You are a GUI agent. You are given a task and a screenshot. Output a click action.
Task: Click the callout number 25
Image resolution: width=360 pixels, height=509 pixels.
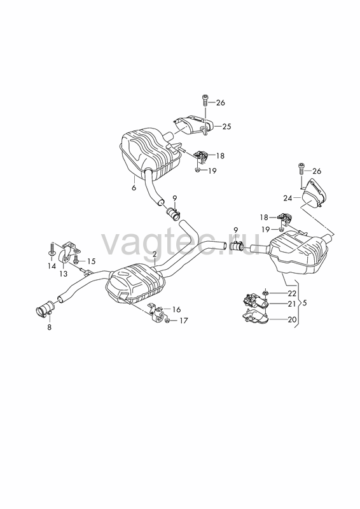(x=227, y=126)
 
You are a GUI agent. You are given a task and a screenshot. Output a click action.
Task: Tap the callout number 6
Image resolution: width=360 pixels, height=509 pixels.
(x=134, y=188)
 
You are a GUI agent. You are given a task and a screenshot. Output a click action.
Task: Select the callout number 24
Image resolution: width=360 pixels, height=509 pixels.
(x=287, y=198)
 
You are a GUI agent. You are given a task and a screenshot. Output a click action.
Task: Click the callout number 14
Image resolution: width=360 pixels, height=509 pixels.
(x=52, y=266)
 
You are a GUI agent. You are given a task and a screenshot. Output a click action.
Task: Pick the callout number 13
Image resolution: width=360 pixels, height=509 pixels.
(x=64, y=274)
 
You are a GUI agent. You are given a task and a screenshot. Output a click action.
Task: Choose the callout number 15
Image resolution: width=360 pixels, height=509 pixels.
(x=92, y=261)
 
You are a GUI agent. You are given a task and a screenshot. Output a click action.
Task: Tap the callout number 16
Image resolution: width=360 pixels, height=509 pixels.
(x=177, y=310)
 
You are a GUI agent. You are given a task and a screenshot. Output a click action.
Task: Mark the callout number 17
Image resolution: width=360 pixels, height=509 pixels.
(x=184, y=321)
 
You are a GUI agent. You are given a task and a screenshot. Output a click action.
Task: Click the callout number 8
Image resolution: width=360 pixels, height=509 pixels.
(x=50, y=327)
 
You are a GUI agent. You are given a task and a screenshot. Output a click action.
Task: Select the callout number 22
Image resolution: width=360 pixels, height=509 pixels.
(x=292, y=293)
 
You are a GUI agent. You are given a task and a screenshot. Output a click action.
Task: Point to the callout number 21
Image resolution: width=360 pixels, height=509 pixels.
(x=292, y=303)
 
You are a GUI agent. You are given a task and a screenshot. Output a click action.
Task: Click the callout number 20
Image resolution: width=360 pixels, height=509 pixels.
(x=292, y=319)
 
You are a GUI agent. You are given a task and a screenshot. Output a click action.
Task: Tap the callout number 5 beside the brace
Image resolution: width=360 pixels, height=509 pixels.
(x=304, y=303)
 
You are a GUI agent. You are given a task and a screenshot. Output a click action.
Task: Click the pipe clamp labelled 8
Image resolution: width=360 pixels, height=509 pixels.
(x=44, y=309)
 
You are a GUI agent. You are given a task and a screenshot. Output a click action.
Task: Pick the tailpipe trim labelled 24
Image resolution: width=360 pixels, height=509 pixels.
(x=314, y=194)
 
